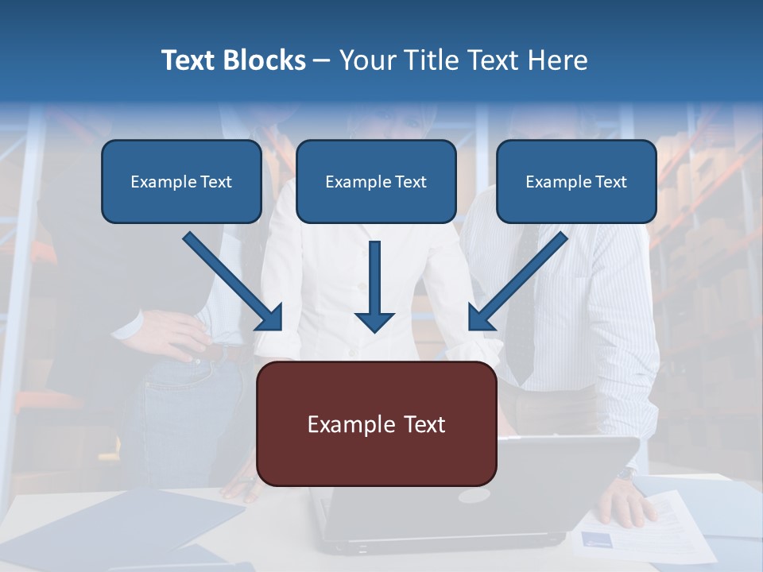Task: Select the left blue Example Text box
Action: click(x=181, y=182)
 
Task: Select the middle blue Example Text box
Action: click(x=376, y=182)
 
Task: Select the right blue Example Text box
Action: click(x=576, y=182)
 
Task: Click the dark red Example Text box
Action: click(x=376, y=424)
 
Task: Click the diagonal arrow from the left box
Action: click(x=230, y=280)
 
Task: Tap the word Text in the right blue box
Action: click(x=610, y=182)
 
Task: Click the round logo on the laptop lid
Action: click(x=474, y=496)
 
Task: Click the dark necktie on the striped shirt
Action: click(x=521, y=334)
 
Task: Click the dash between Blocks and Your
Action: click(x=322, y=60)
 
